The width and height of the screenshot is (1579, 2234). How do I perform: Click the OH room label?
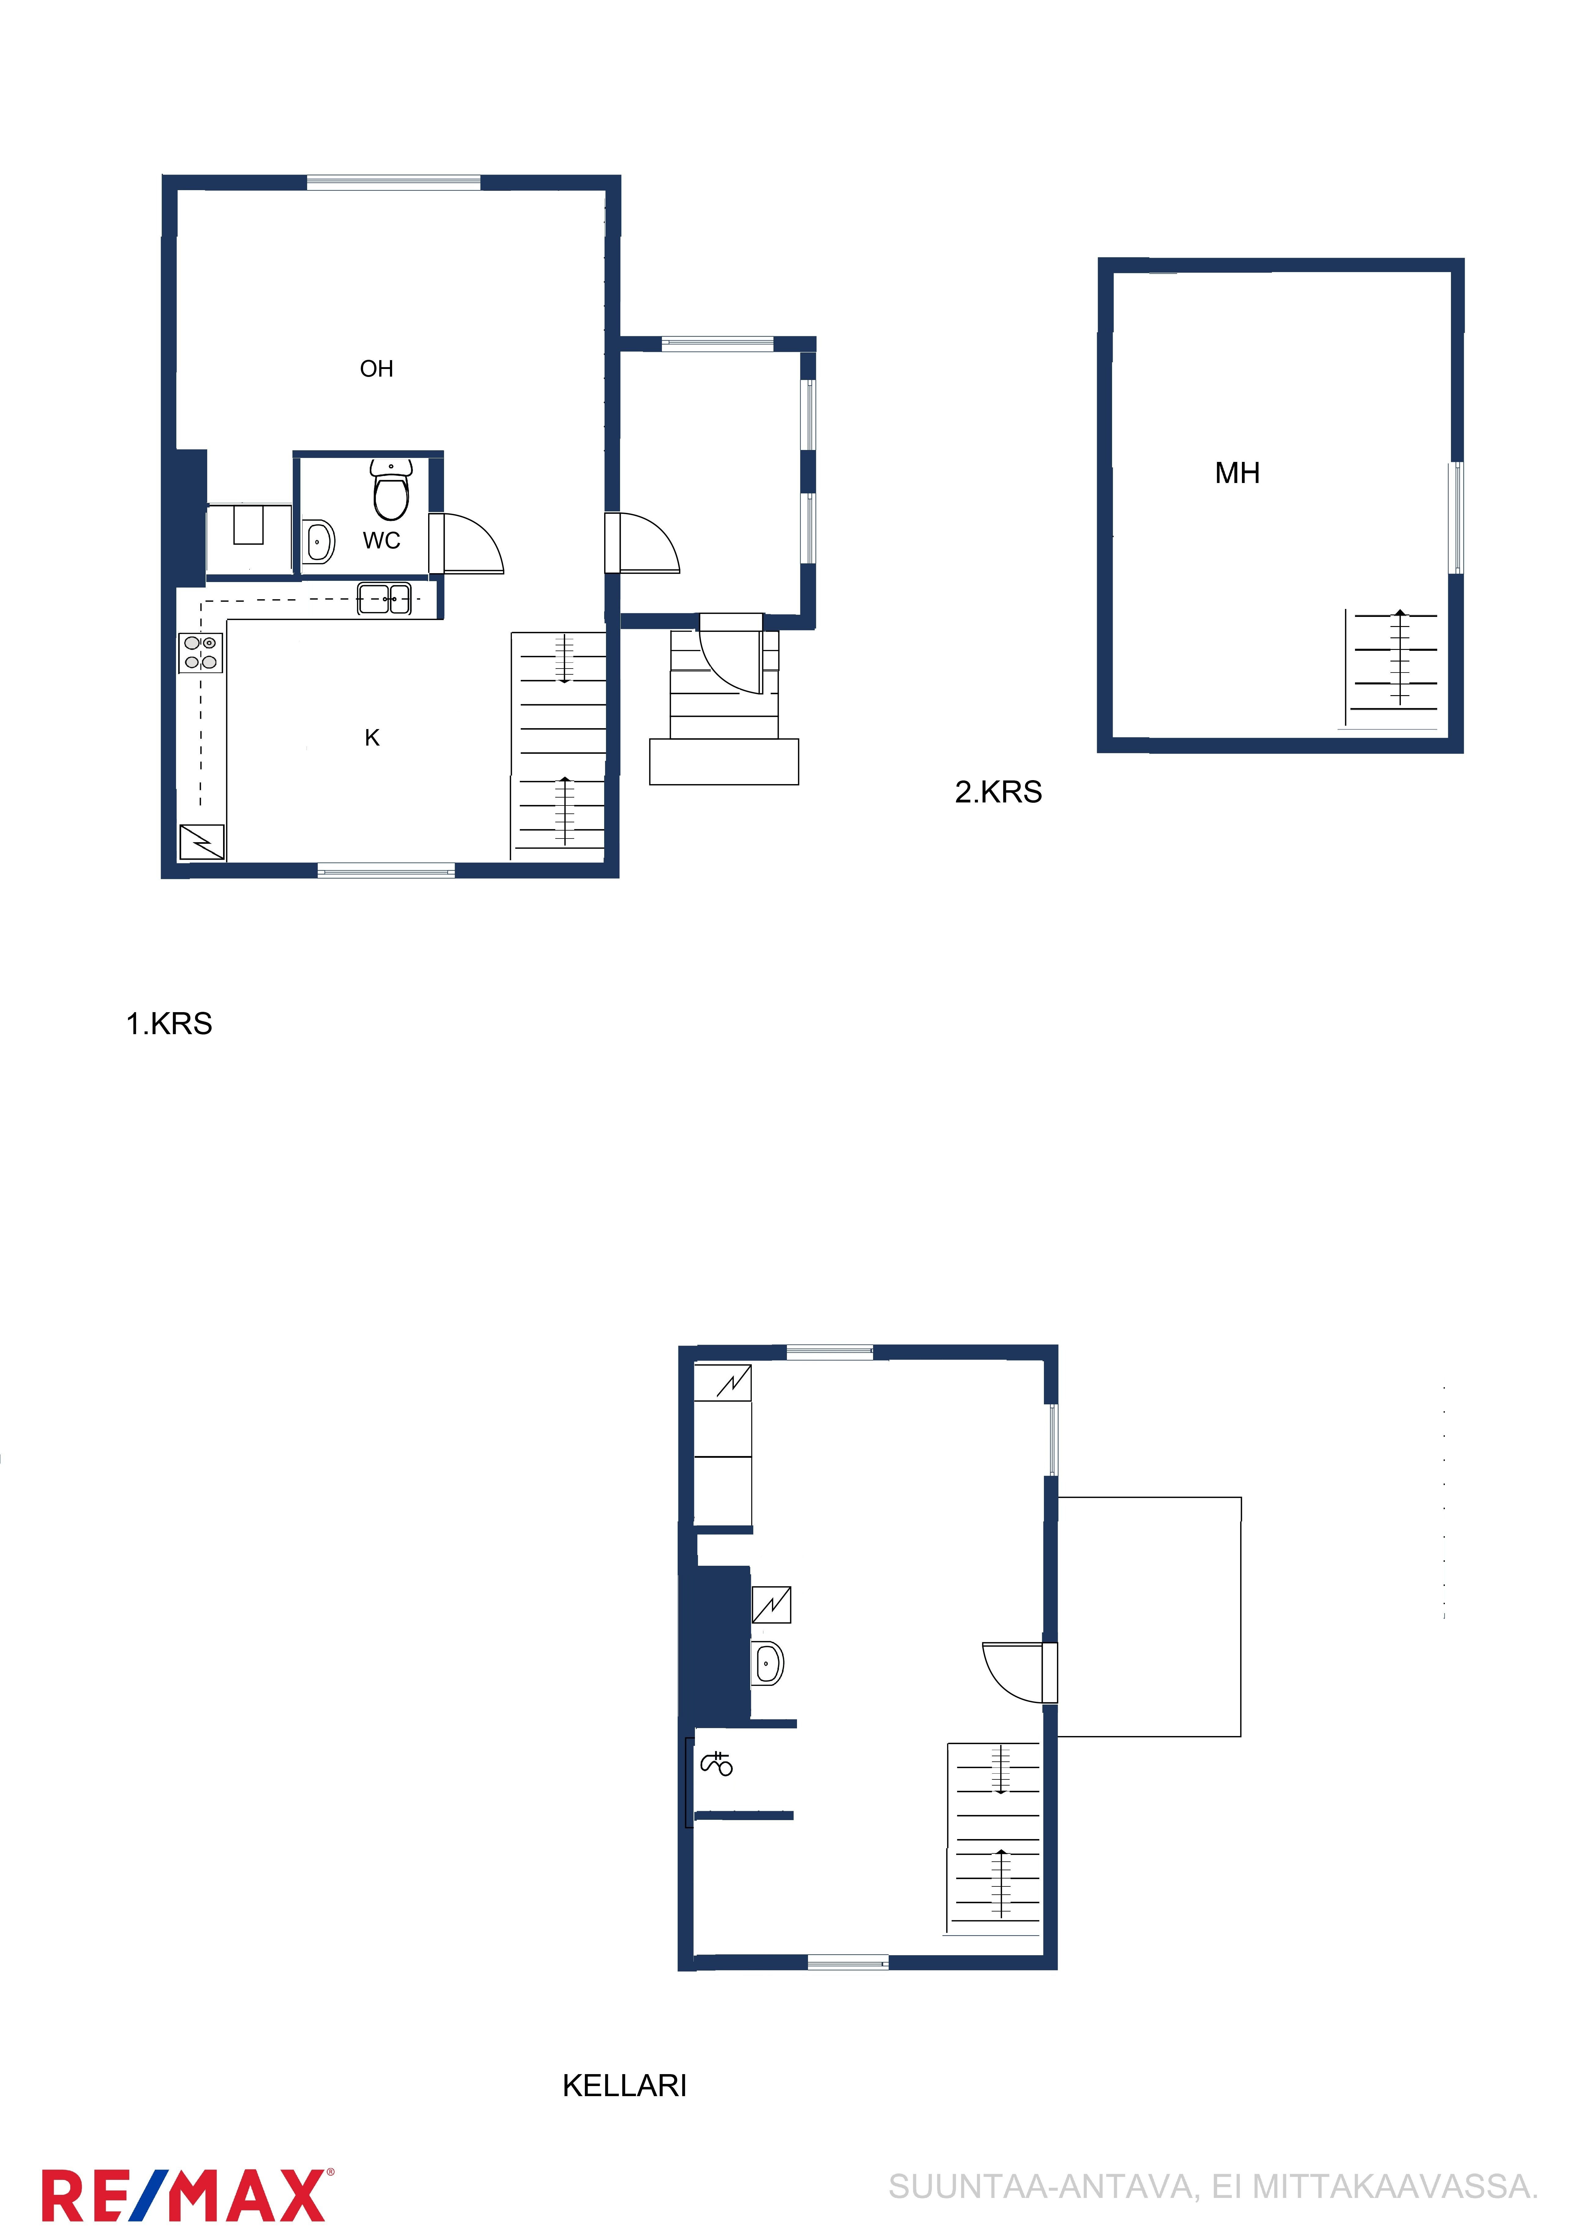click(376, 369)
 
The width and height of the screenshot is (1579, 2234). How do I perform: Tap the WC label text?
click(381, 541)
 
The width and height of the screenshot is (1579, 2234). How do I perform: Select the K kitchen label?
click(372, 738)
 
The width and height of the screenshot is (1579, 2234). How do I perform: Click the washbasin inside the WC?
click(318, 542)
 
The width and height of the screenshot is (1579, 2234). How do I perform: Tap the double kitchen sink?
click(384, 599)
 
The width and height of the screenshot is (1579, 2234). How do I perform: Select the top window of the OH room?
click(394, 182)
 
